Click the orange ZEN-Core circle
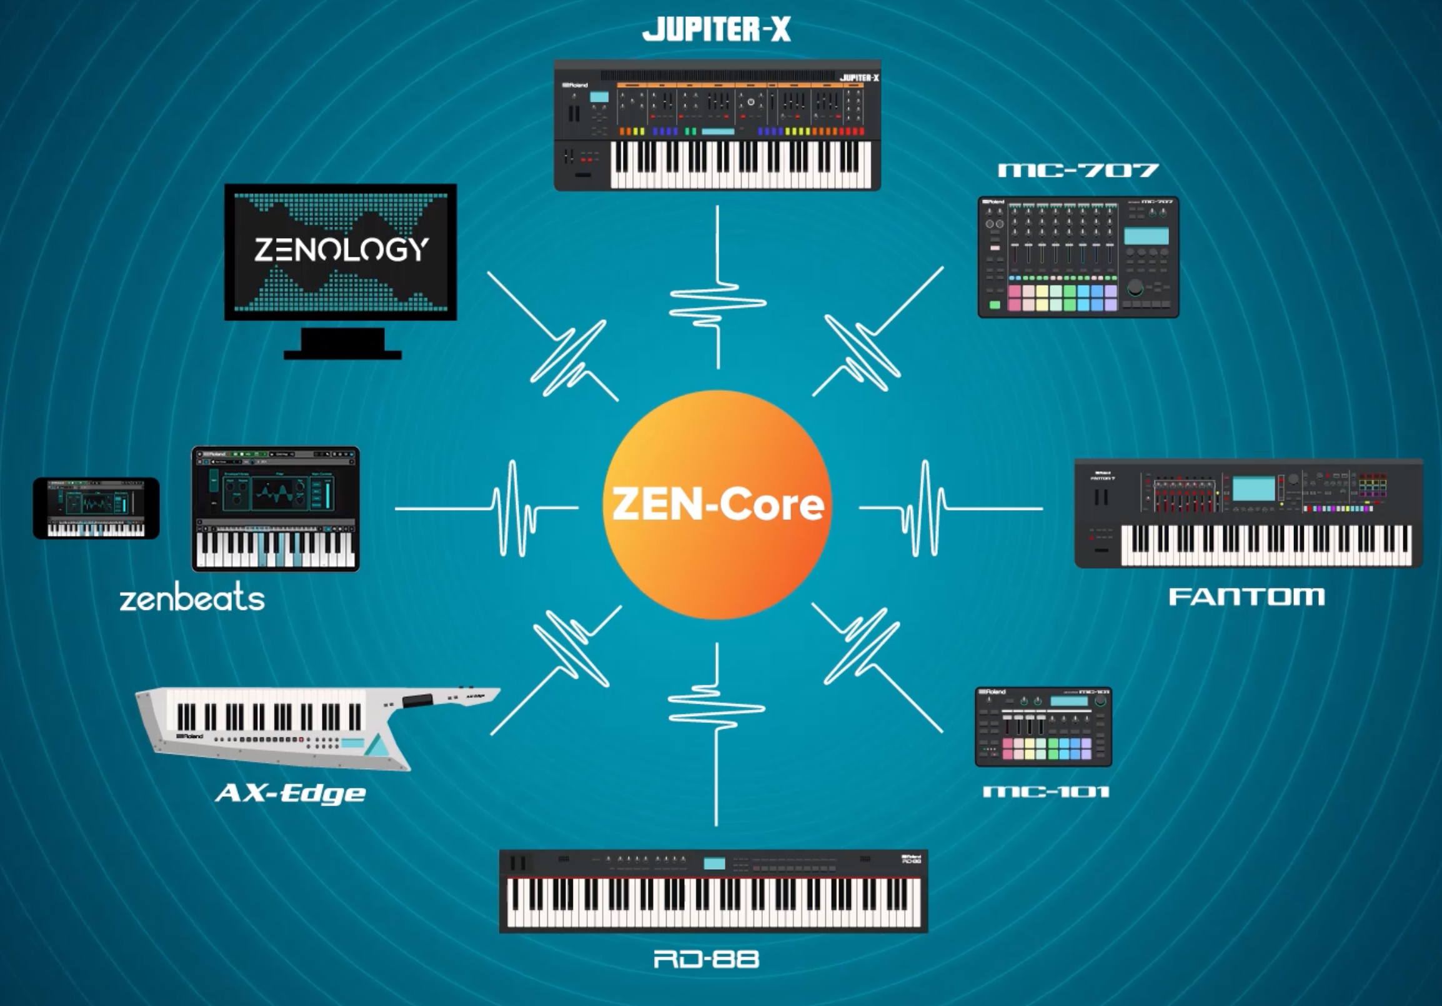[x=717, y=505]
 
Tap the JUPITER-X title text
[x=716, y=29]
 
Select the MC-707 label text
[x=1078, y=170]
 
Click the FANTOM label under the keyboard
[x=1246, y=597]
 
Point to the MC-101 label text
[x=1046, y=792]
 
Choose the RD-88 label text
[x=707, y=959]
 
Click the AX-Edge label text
[x=290, y=794]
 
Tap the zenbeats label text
[x=192, y=599]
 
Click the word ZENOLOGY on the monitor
[x=341, y=249]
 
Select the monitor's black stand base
[x=342, y=355]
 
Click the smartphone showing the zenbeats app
[x=96, y=508]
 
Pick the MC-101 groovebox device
[x=1043, y=727]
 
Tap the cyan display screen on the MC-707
[x=1146, y=236]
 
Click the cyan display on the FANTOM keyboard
[x=1253, y=489]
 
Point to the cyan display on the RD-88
[x=714, y=864]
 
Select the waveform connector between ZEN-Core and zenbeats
[x=512, y=509]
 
